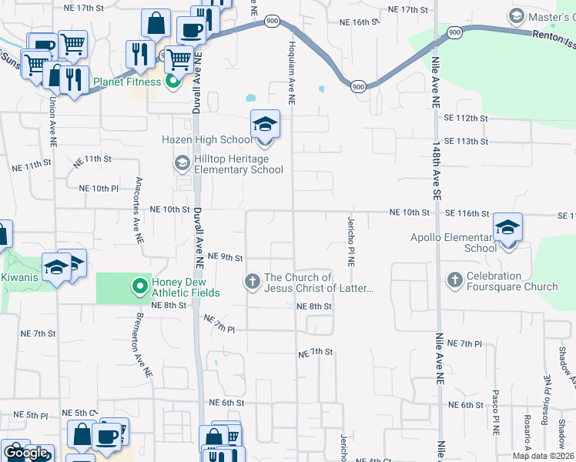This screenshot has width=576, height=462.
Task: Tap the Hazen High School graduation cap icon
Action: (x=265, y=125)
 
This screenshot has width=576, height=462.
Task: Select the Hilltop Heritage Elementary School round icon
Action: (x=183, y=162)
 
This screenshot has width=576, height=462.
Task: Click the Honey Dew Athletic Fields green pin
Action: (x=139, y=286)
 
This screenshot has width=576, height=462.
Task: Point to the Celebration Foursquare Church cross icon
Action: (x=454, y=281)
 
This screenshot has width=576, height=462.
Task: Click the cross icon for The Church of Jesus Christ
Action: (x=252, y=282)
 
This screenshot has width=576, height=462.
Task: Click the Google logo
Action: (x=25, y=453)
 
